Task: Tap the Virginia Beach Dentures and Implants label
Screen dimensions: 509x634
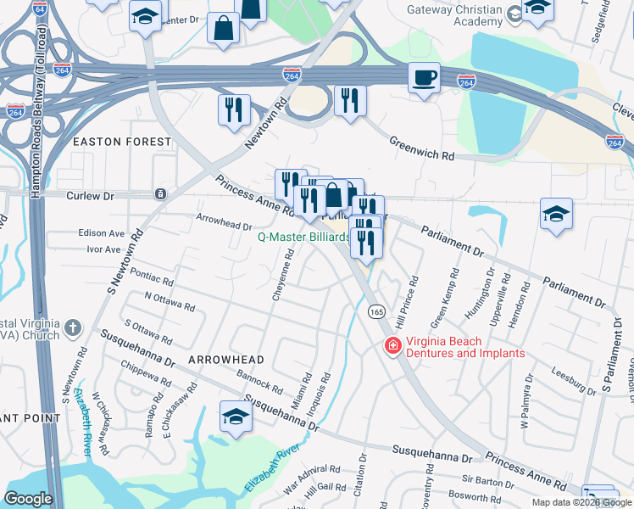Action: [465, 347]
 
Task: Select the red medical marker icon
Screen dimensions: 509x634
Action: [392, 346]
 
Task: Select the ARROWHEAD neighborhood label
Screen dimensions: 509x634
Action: [220, 361]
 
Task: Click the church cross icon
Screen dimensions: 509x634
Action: [74, 327]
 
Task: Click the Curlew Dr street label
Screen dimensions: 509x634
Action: [90, 194]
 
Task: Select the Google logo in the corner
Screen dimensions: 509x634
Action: [27, 499]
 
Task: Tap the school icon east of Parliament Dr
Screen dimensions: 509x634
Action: [556, 215]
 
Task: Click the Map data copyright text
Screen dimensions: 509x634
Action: [581, 502]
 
